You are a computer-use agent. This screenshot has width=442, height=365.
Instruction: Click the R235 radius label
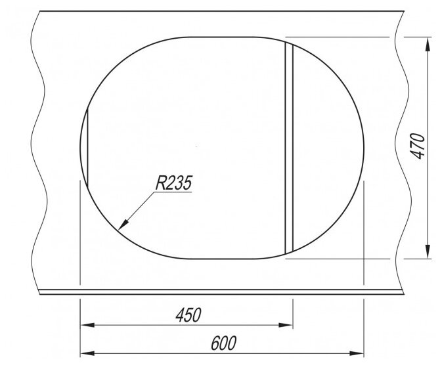coord(173,182)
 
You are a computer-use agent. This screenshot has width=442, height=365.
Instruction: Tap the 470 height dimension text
coord(418,146)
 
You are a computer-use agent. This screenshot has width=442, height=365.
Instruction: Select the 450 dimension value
coord(188,315)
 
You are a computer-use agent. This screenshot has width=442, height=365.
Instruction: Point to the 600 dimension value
coord(224,343)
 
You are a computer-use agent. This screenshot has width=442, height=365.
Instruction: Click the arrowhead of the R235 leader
coord(123,225)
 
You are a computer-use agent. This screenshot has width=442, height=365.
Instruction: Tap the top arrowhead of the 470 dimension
coord(428,45)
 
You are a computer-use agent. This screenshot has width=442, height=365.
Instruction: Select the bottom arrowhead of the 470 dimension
coord(428,251)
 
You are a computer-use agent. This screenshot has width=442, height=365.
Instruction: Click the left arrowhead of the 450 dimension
coord(87,325)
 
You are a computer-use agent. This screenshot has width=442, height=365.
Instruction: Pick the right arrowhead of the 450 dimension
coord(286,325)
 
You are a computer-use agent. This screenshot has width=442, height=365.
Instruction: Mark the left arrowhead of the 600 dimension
coord(87,353)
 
